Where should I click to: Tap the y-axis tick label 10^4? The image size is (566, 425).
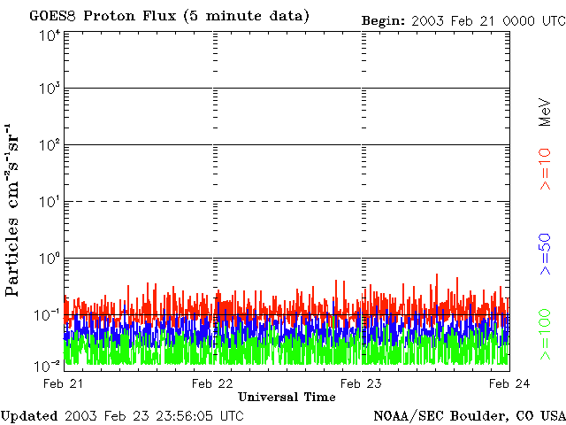click(x=50, y=35)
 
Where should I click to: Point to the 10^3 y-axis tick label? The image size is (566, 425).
click(x=50, y=89)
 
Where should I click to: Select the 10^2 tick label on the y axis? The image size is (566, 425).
click(x=50, y=145)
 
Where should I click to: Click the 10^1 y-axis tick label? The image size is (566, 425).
click(x=50, y=202)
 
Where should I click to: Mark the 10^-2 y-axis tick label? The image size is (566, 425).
click(x=49, y=366)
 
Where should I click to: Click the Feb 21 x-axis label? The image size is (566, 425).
click(x=64, y=383)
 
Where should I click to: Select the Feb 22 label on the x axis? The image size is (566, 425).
click(x=212, y=383)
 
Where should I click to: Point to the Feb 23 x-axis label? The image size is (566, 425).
click(x=361, y=383)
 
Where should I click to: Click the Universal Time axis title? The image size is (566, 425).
click(x=287, y=398)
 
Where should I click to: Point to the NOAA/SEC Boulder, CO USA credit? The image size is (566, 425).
click(x=469, y=415)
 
